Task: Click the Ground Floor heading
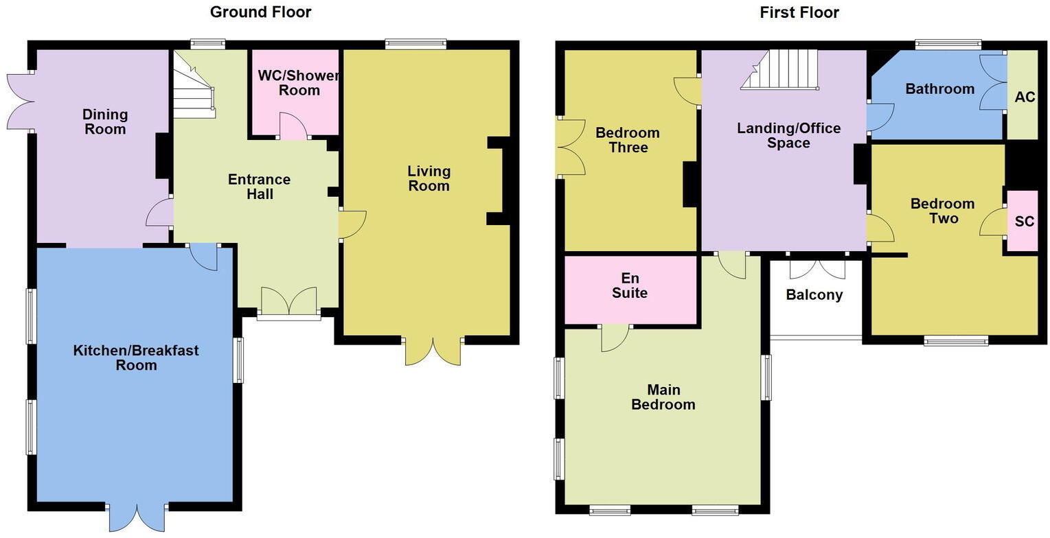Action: pos(260,12)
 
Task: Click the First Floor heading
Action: pos(799,12)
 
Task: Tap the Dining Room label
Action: pos(105,121)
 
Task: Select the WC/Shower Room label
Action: pos(299,83)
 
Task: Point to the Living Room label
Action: pos(429,178)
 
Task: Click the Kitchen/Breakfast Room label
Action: pos(136,358)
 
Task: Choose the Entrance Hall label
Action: pos(260,187)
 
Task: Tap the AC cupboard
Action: pos(1024,97)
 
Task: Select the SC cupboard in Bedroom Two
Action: pos(1024,222)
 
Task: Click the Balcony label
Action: pos(814,295)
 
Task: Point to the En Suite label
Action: pos(629,286)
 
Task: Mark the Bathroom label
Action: pos(939,89)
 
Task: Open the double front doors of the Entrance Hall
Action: pos(288,302)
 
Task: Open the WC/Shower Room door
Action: pos(294,128)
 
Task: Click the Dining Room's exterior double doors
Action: pos(21,102)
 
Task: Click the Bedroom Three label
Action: pos(627,140)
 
